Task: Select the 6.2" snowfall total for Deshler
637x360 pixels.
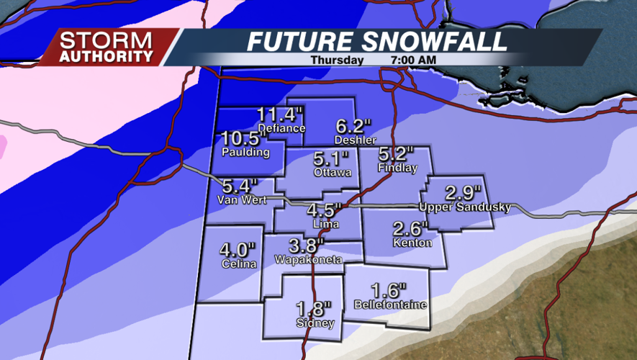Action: pos(352,125)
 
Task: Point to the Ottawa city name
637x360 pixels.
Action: pos(333,173)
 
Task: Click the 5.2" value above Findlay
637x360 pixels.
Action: pos(397,153)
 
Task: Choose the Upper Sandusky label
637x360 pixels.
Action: pos(465,207)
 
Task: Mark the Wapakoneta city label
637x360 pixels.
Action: pos(308,258)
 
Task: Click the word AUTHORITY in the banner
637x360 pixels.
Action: pos(107,55)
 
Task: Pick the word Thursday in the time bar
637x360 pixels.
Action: pos(336,60)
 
